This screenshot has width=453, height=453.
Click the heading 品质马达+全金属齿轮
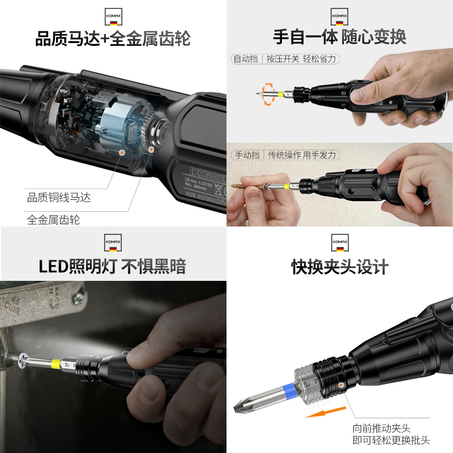click(113, 39)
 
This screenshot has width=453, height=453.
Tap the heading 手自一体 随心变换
click(339, 37)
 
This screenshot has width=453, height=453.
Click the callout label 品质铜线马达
click(59, 198)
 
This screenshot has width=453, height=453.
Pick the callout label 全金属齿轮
click(53, 220)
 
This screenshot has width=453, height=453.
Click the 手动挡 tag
click(247, 155)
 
